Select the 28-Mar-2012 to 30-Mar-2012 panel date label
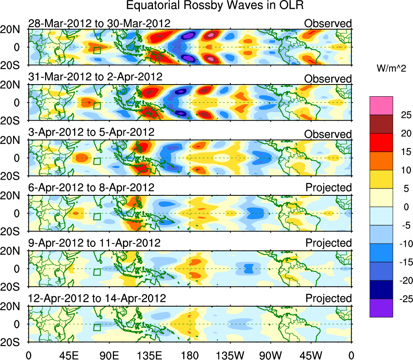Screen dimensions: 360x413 pyautogui.click(x=100, y=23)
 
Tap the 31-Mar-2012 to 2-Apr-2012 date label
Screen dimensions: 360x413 pyautogui.click(x=95, y=77)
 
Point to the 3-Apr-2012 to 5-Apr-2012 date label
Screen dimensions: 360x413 pyautogui.click(x=91, y=132)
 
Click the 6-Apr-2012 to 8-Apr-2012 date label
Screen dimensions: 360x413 pyautogui.click(x=91, y=188)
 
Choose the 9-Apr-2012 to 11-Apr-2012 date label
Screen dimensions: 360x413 pyautogui.click(x=94, y=243)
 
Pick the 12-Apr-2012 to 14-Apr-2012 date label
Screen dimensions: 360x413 pyautogui.click(x=97, y=299)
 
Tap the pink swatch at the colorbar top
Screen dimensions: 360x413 pyautogui.click(x=381, y=106)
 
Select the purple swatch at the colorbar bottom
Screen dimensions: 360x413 pyautogui.click(x=381, y=308)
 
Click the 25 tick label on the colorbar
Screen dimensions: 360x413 pyautogui.click(x=402, y=115)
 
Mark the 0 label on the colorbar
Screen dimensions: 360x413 pyautogui.click(x=401, y=207)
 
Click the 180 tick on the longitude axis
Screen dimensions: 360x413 pyautogui.click(x=189, y=355)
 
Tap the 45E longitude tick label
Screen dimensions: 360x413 pyautogui.click(x=68, y=355)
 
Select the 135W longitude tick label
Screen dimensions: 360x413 pyautogui.click(x=230, y=355)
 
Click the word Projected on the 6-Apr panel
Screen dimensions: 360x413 pyautogui.click(x=328, y=188)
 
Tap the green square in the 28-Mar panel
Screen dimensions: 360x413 pyautogui.click(x=97, y=50)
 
